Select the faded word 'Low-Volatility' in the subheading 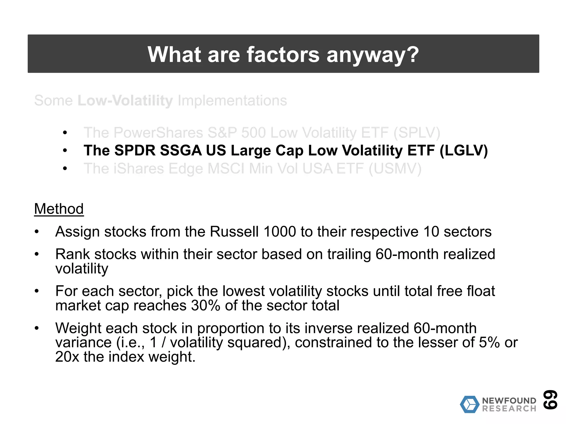click(x=125, y=100)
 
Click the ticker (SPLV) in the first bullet click(x=416, y=133)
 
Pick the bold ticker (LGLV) click(x=463, y=151)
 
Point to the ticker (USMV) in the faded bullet click(x=395, y=169)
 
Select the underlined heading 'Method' click(x=59, y=209)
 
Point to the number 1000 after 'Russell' click(x=279, y=232)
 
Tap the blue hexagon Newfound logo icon click(x=469, y=404)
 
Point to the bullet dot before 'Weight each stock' click(x=37, y=328)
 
